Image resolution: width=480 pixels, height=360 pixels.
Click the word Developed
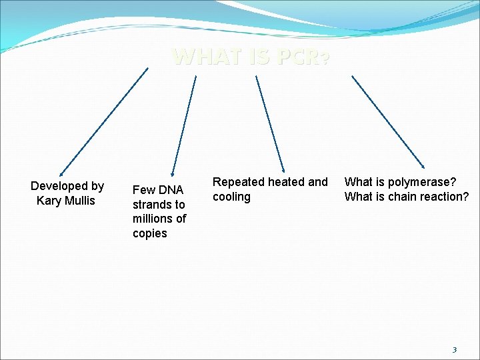pos(59,186)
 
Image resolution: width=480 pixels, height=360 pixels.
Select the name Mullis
pos(79,201)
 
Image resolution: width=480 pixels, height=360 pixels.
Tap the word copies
pos(150,233)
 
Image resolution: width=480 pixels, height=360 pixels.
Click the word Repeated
pos(237,182)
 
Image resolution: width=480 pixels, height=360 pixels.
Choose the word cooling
pos(231,197)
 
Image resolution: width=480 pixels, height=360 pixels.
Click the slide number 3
pos(455,349)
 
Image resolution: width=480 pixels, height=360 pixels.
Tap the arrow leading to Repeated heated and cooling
pos(271,123)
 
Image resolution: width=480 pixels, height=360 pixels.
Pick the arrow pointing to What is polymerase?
pos(388,121)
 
